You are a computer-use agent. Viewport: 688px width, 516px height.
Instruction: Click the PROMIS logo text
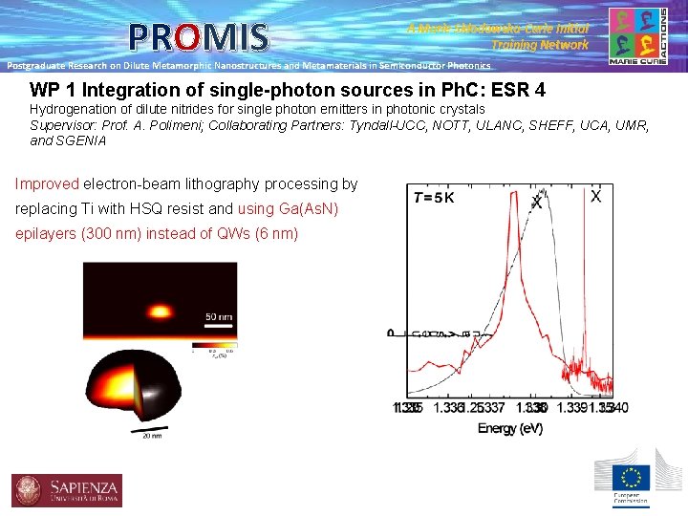coord(200,37)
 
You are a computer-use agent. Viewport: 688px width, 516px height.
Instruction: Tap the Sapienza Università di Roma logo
coord(65,490)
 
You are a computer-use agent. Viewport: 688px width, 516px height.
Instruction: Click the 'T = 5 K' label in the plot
coord(434,198)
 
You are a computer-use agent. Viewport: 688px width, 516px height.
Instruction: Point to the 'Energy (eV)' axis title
coord(510,428)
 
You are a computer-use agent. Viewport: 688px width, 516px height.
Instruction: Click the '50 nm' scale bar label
coord(219,315)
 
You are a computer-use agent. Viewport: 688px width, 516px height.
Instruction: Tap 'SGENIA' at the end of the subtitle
coord(82,140)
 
